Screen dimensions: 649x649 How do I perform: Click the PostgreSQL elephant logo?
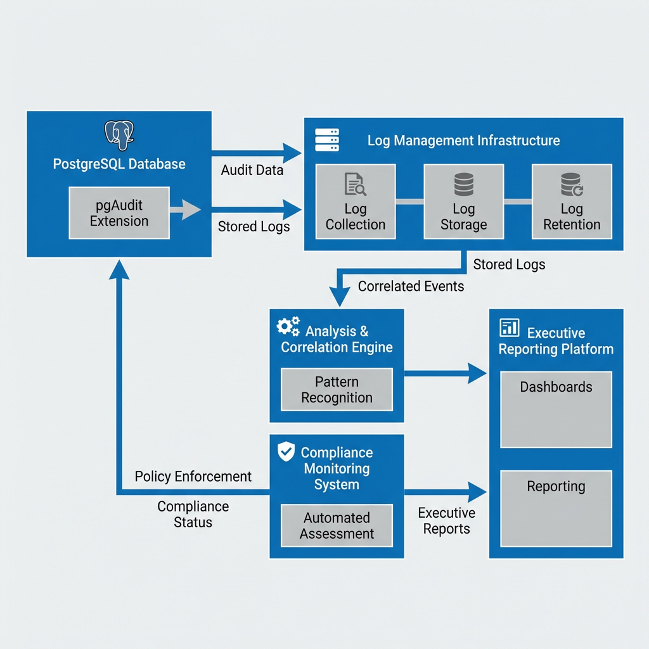tap(119, 134)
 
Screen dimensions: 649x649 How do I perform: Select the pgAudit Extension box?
tap(119, 213)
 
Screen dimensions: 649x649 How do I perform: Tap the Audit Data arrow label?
tap(252, 170)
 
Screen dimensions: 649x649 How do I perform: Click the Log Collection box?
tap(356, 202)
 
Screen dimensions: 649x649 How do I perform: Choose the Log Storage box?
tap(463, 202)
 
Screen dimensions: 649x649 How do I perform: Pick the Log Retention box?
tap(572, 202)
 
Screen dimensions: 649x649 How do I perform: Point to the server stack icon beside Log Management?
tap(327, 140)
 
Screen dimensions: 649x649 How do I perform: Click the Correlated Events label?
tap(411, 286)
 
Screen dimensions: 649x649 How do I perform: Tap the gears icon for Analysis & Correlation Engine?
tap(288, 327)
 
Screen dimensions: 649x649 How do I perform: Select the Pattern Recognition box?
tap(337, 390)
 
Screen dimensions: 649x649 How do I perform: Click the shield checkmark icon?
tap(286, 452)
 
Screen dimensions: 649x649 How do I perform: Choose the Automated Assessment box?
tap(337, 525)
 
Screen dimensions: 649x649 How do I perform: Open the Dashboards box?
tap(556, 409)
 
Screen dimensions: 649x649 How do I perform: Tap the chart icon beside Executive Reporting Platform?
tap(510, 328)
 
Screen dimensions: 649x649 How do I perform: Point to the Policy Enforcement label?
tap(193, 477)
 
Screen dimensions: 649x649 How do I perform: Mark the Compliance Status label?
tap(193, 514)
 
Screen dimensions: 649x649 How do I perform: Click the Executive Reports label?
tap(446, 521)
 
